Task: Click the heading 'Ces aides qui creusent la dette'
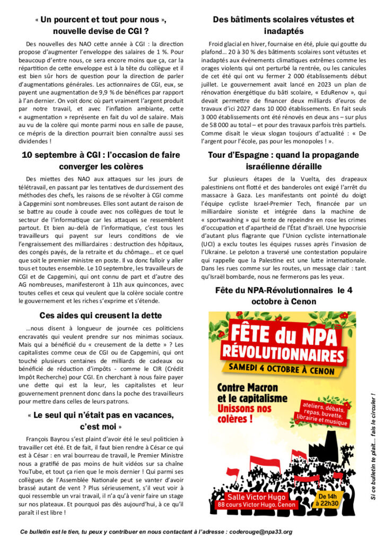click(103, 315)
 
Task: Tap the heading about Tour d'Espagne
click(283, 160)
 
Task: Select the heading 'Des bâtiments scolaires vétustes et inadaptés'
click(283, 25)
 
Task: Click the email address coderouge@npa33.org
click(260, 531)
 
